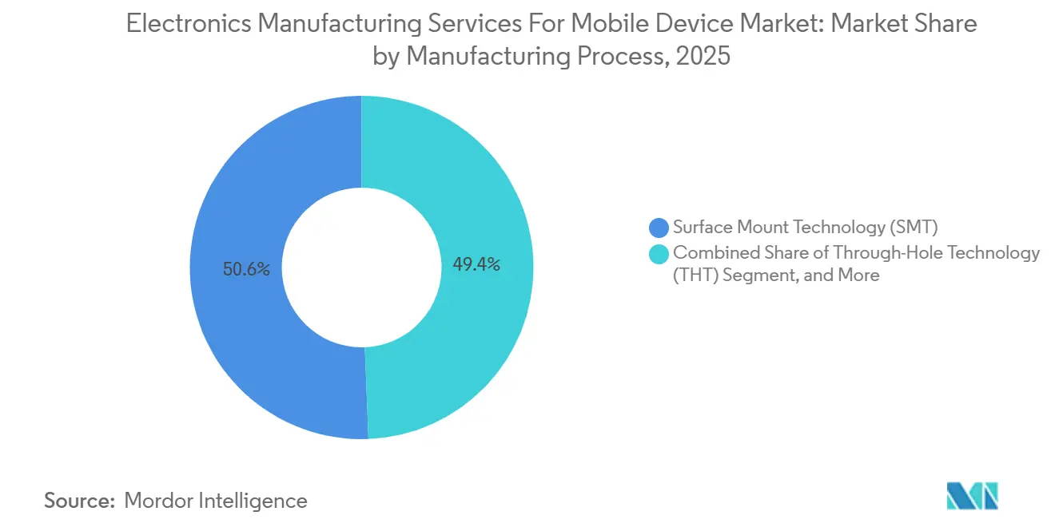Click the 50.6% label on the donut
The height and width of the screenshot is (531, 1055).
tap(247, 270)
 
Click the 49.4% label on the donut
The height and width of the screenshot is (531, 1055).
tap(476, 265)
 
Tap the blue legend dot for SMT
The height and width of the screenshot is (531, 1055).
tap(659, 228)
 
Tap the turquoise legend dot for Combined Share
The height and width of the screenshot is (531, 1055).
tap(659, 254)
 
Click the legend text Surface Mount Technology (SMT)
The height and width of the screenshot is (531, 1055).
tap(799, 228)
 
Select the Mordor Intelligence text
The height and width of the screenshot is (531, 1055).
tap(216, 501)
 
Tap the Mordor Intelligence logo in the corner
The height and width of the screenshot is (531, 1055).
tap(972, 496)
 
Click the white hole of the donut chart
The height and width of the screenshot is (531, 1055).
tap(361, 267)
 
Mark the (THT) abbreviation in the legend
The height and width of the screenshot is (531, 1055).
tap(696, 275)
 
